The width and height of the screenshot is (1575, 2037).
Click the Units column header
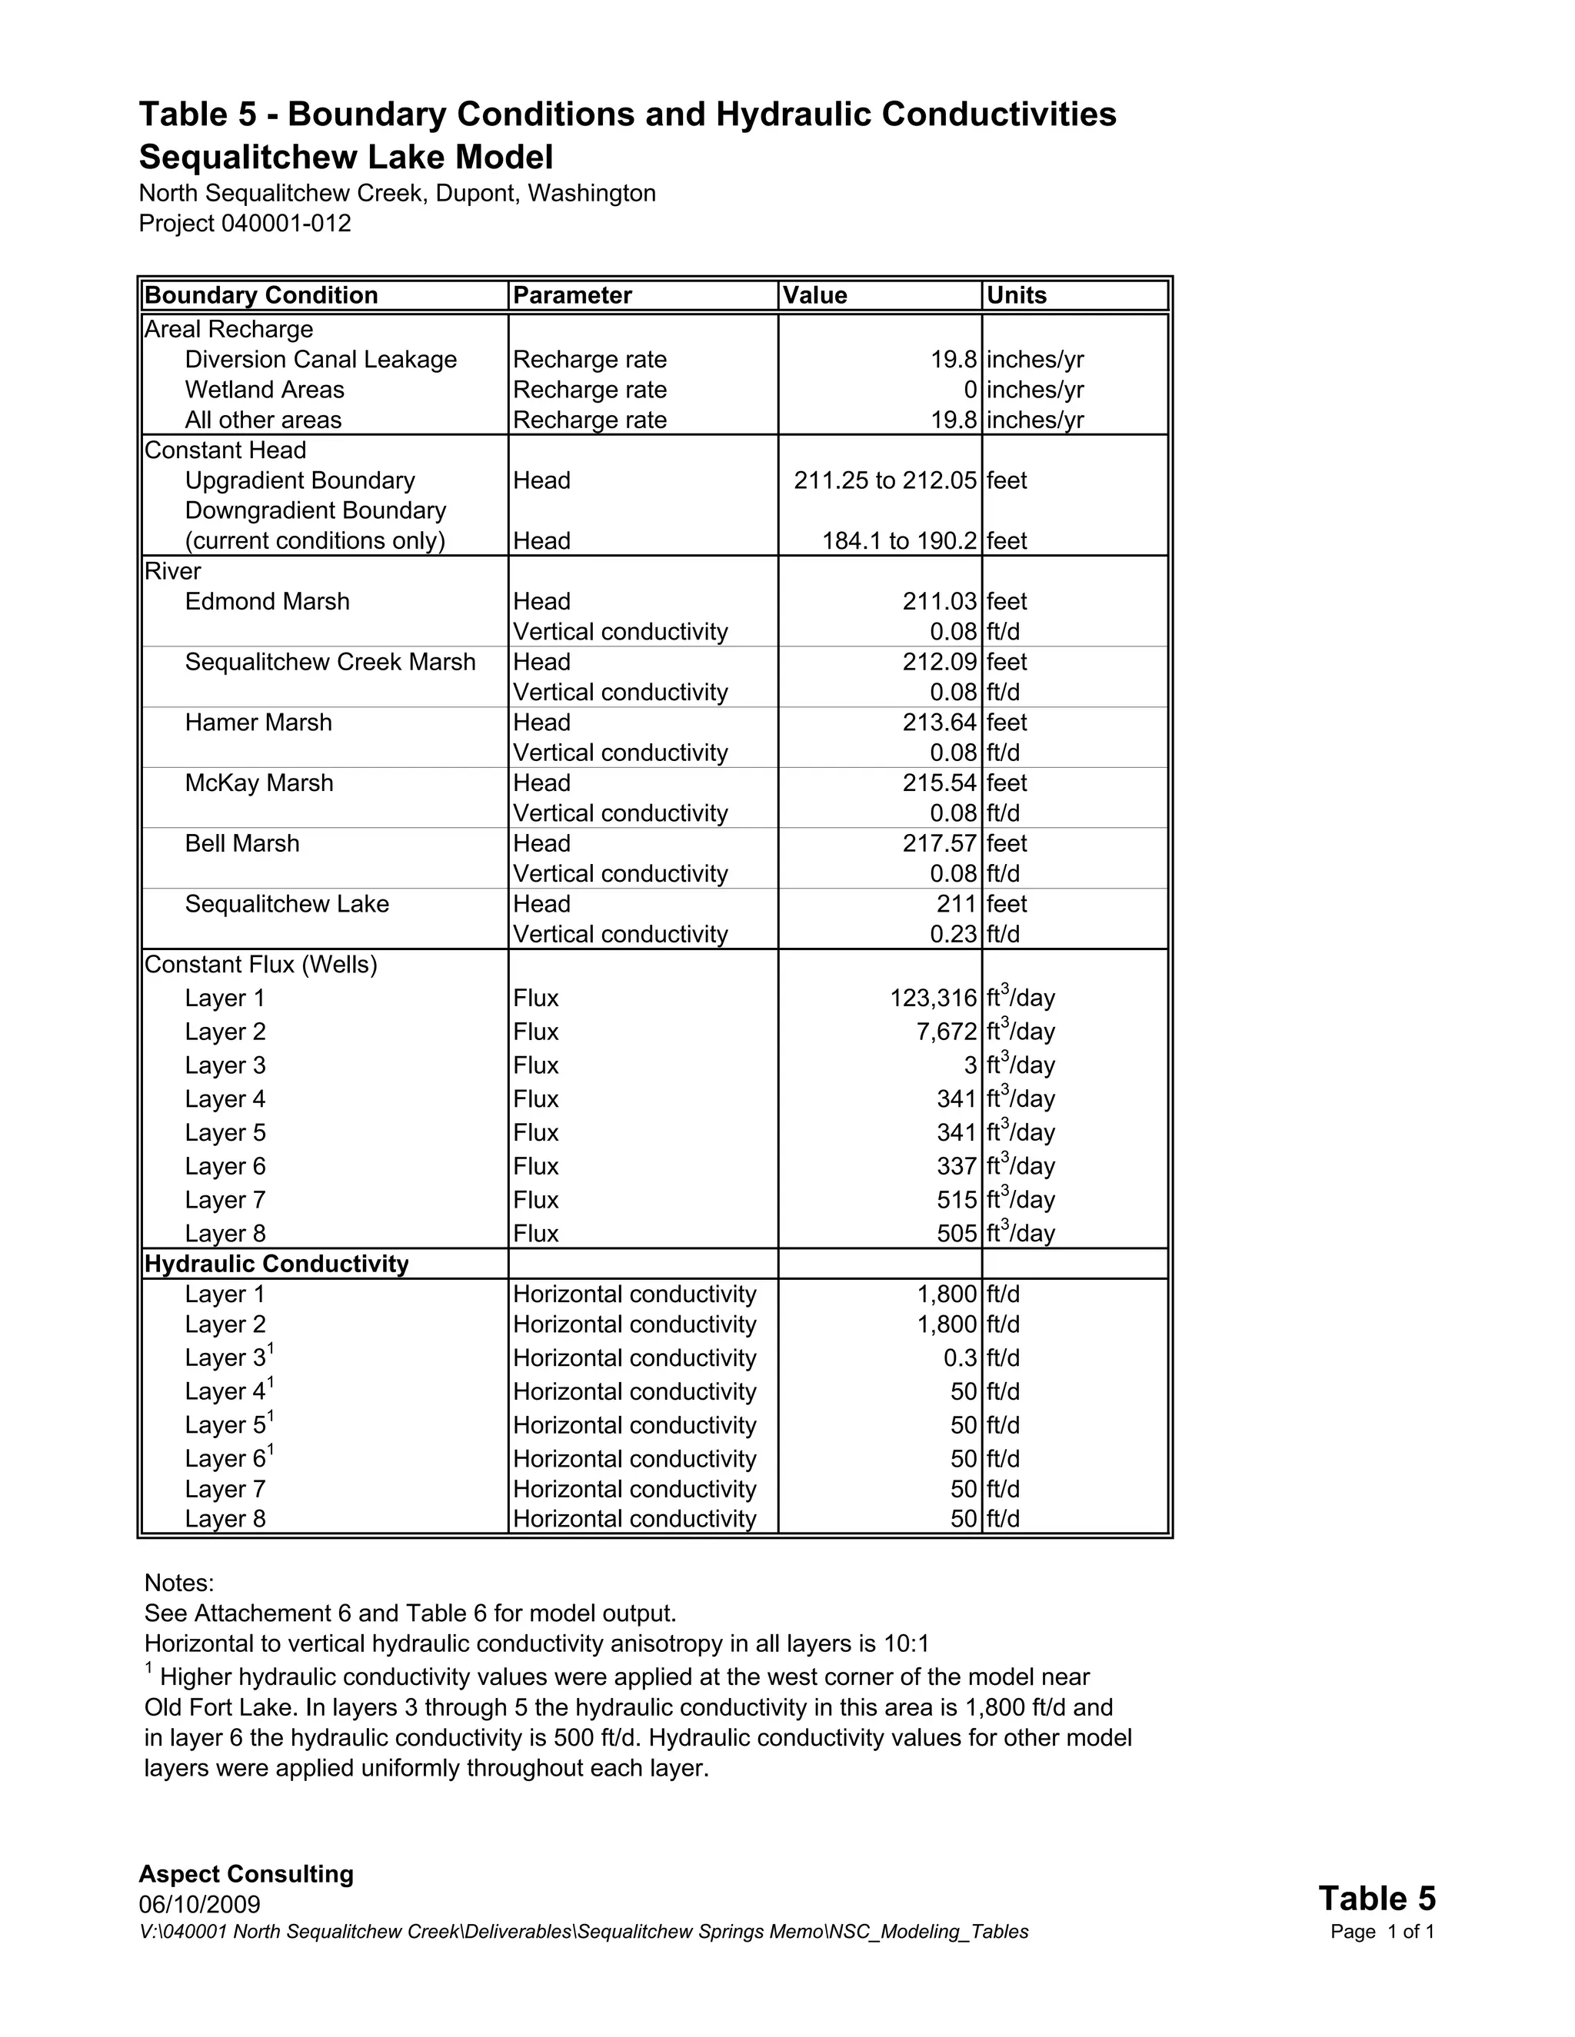[1016, 296]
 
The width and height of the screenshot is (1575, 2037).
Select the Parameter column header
[572, 296]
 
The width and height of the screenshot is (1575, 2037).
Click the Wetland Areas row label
[264, 390]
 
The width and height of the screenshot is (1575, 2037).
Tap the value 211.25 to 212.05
[884, 480]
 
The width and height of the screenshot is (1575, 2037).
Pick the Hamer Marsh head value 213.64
[939, 723]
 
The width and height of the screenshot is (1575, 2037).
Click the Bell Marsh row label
[241, 844]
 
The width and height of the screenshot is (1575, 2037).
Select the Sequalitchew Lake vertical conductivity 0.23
[953, 935]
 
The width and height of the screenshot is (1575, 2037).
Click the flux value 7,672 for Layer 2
[945, 1032]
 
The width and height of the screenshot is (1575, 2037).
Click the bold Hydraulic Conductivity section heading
[276, 1264]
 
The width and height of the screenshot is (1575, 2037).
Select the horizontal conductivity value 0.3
[960, 1359]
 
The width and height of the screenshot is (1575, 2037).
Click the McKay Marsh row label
[258, 783]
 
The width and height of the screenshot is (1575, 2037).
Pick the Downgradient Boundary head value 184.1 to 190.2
[898, 541]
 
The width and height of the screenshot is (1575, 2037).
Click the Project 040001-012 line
[245, 224]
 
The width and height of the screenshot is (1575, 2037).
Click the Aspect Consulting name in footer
[246, 1875]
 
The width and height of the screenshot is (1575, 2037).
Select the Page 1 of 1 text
[1382, 1932]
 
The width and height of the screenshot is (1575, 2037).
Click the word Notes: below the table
[179, 1583]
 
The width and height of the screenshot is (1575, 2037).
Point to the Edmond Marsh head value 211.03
[939, 602]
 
